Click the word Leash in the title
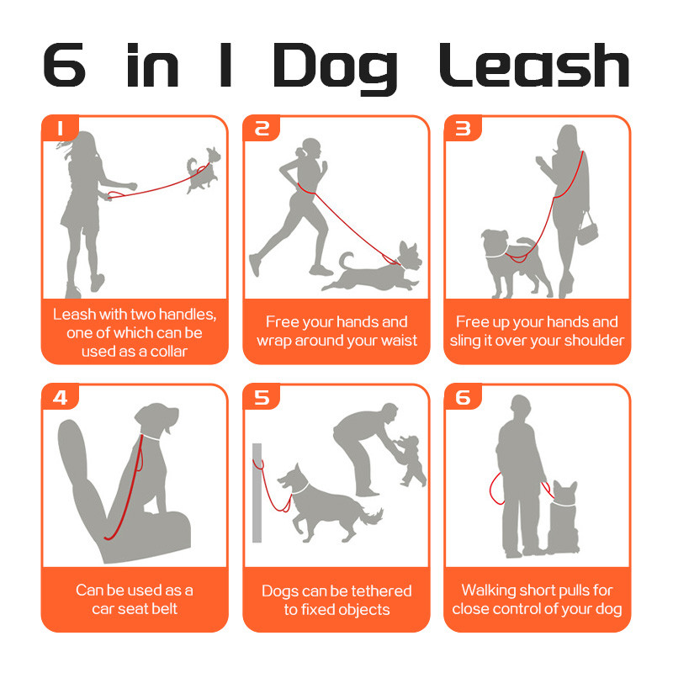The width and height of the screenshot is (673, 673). [x=534, y=65]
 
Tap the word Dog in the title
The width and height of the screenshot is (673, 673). [x=335, y=69]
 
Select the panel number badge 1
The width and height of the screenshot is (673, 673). [x=60, y=128]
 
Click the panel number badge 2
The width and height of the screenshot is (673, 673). [x=262, y=128]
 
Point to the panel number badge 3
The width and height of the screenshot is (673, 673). [x=463, y=128]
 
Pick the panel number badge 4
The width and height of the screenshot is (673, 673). [x=60, y=397]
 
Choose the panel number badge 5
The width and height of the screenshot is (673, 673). [x=262, y=397]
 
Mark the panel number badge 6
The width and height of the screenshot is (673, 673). [x=463, y=397]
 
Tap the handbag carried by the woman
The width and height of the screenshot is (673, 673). [x=587, y=229]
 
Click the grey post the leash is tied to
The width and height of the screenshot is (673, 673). [x=257, y=493]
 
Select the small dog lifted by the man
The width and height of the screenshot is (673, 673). [x=412, y=461]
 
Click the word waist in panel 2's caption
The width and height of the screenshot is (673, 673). [x=399, y=341]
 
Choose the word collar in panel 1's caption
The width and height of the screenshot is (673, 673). [x=169, y=352]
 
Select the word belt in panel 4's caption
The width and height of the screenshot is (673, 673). [x=166, y=608]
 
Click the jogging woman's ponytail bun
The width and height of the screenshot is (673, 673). [x=299, y=151]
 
